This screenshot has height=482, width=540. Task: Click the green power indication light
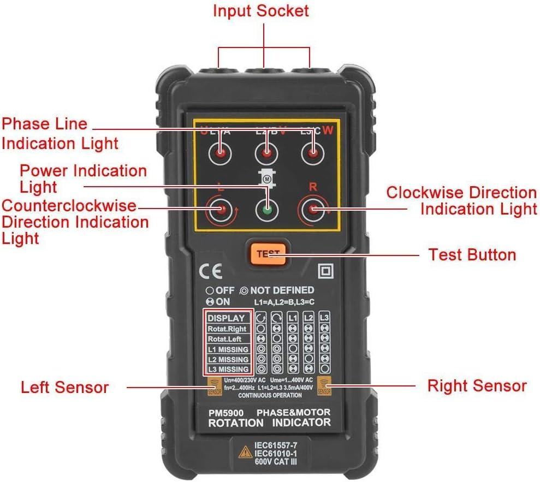(x=266, y=210)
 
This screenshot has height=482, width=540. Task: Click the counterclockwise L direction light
(x=221, y=210)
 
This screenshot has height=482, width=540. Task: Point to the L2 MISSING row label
(x=228, y=359)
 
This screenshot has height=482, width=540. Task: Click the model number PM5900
(x=226, y=413)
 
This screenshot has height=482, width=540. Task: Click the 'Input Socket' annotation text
(x=260, y=11)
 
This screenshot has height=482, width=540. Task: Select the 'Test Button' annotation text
(x=472, y=255)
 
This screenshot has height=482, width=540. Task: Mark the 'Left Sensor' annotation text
(x=64, y=388)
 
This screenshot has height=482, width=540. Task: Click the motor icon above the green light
(x=267, y=178)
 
